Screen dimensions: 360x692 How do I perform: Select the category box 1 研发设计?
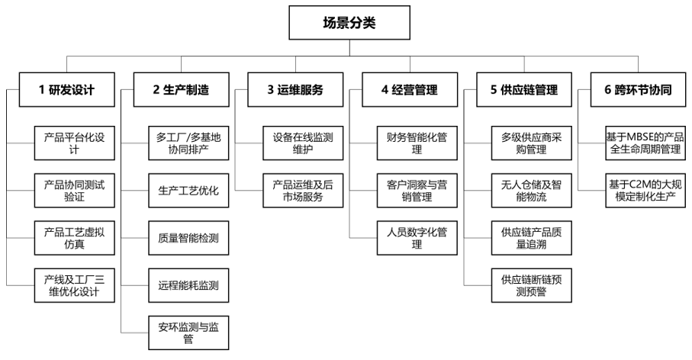click(x=66, y=89)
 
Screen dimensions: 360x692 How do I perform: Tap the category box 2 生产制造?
click(x=181, y=89)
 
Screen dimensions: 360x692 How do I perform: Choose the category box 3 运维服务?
click(x=295, y=89)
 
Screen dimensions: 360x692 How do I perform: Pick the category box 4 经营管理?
click(x=410, y=89)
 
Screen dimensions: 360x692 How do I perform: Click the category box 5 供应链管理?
click(x=524, y=89)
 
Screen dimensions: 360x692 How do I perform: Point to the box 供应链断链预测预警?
click(x=529, y=285)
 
